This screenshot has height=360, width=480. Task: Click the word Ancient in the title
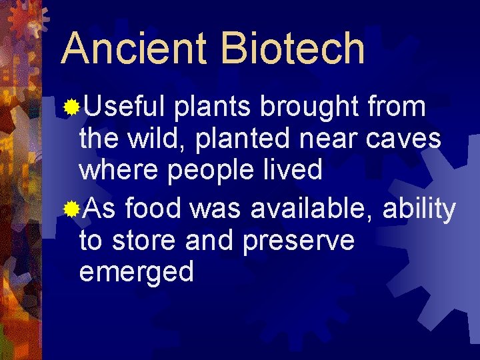(x=133, y=48)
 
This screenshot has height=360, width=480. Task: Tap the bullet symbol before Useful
(x=70, y=106)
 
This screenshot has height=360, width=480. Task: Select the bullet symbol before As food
(x=70, y=210)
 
